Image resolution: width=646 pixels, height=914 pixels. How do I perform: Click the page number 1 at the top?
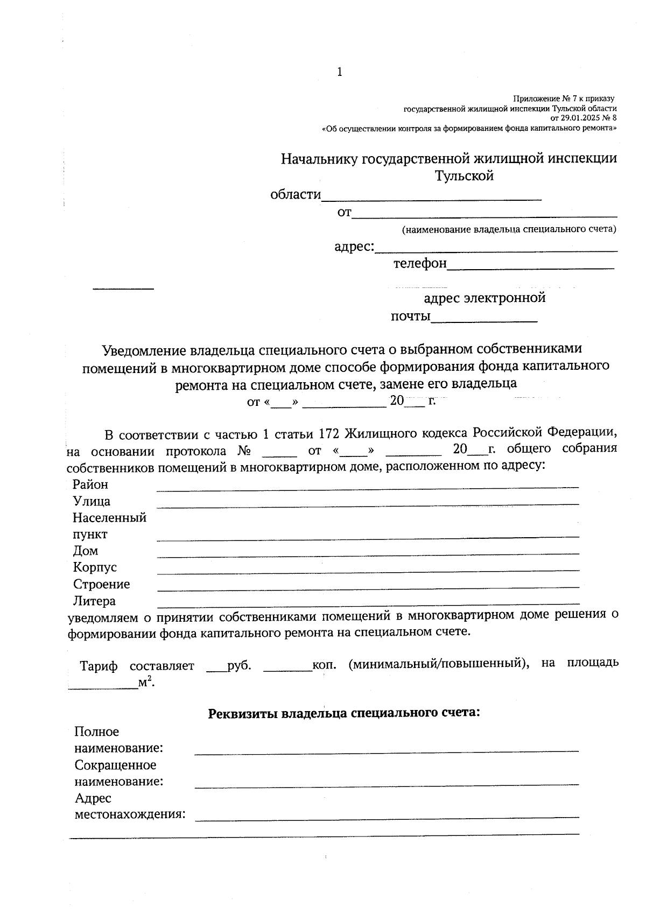pos(339,72)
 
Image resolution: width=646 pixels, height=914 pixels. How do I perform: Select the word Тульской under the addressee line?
pos(464,176)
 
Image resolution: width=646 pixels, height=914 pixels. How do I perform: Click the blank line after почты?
pos(484,321)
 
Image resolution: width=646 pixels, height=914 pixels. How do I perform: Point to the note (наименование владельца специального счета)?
pos(509,229)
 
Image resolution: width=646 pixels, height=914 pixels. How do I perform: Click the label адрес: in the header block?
pos(354,247)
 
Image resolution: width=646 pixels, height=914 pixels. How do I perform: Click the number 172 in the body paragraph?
pos(328,433)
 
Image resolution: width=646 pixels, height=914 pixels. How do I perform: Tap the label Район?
pos(90,484)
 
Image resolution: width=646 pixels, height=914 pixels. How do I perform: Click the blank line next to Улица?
pos(368,504)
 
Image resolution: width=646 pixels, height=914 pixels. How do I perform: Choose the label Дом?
pos(86,551)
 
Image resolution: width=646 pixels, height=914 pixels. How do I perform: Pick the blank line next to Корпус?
pos(368,570)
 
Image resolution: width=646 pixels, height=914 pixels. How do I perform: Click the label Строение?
pos(101,584)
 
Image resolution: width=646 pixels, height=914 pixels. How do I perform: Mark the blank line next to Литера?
pos(368,603)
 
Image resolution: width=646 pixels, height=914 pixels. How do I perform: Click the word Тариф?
pos(99,666)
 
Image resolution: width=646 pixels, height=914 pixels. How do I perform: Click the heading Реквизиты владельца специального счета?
pos(343,713)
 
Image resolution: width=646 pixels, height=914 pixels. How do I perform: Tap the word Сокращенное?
pos(115,765)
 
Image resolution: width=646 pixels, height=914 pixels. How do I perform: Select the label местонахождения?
pos(130,814)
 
